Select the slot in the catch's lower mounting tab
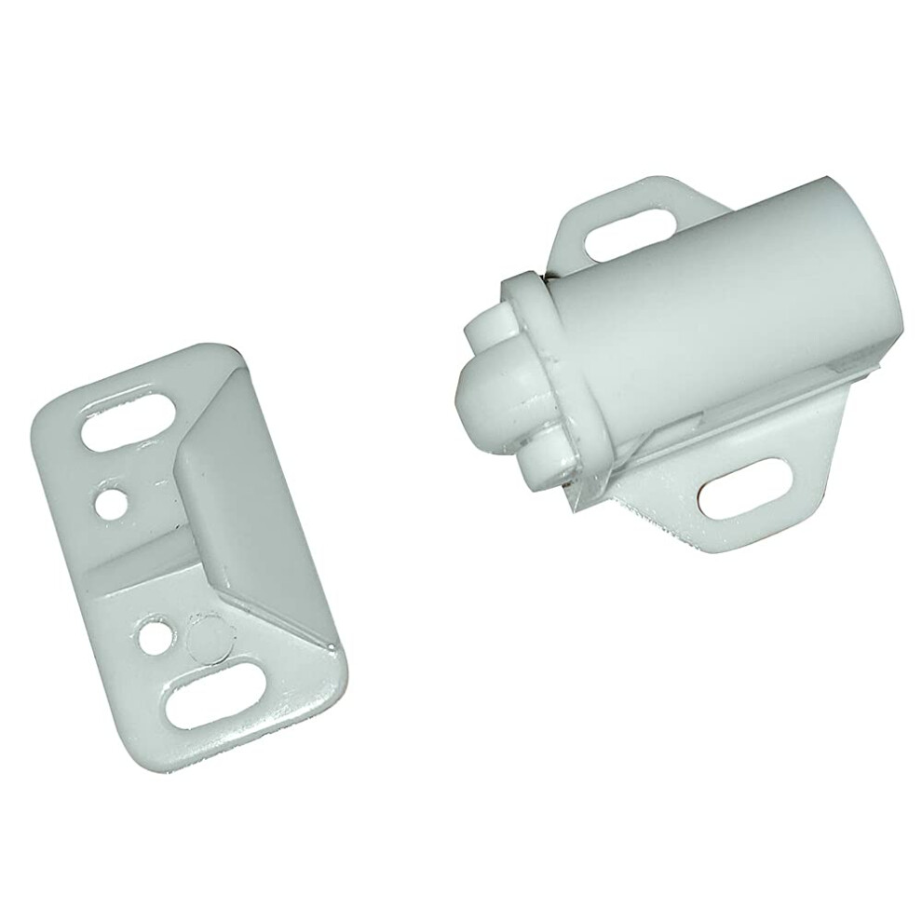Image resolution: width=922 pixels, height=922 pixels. tap(745, 488)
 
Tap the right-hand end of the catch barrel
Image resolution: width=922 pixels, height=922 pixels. tap(880, 270)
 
